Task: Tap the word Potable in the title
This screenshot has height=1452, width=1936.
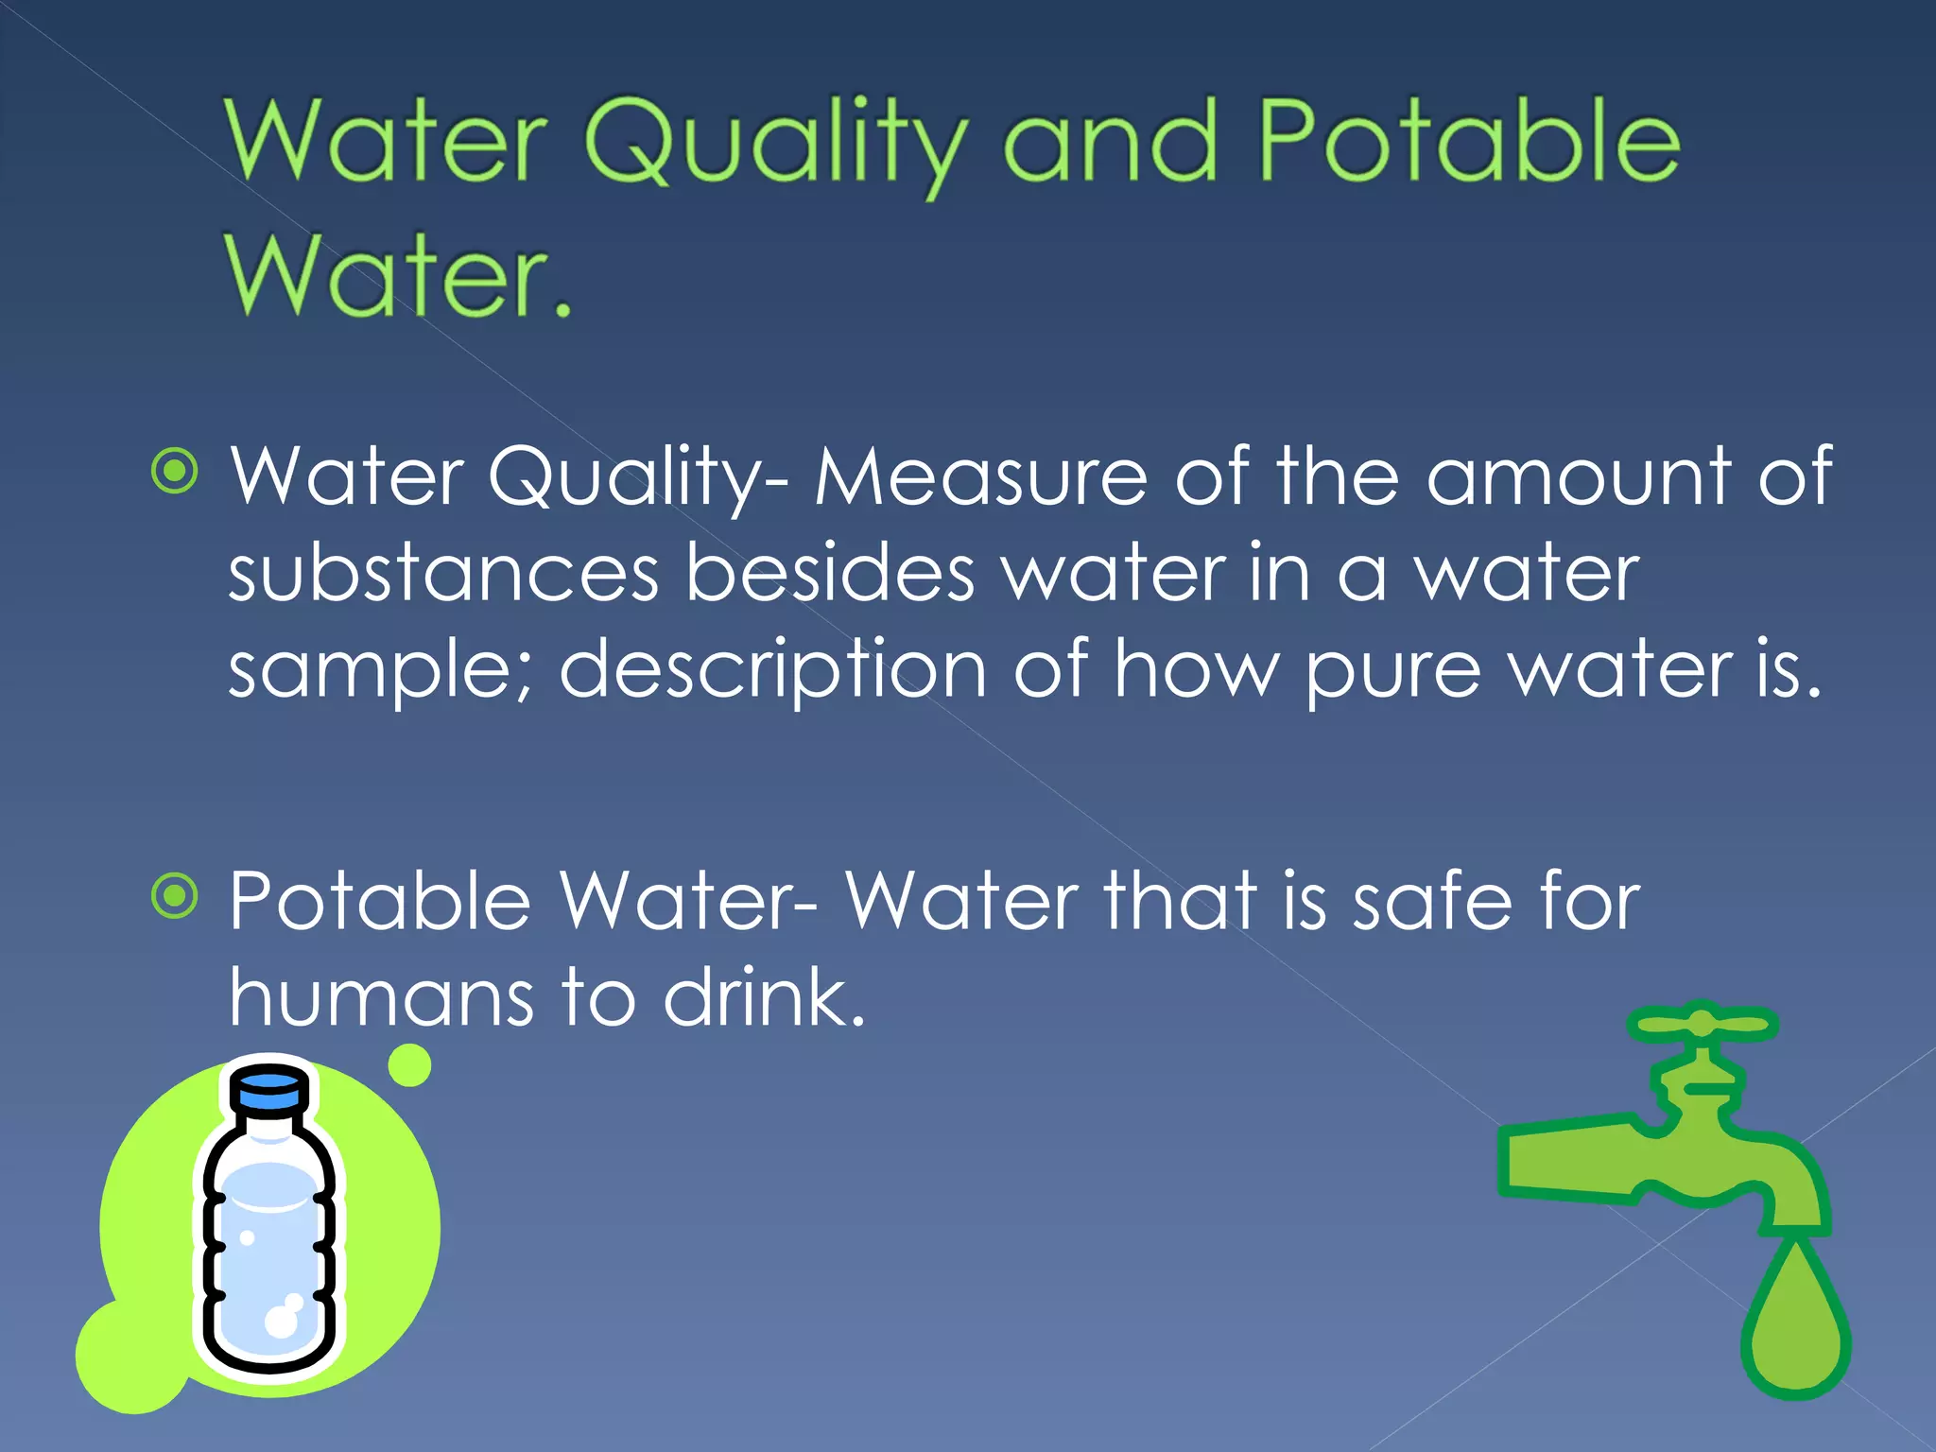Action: click(1470, 142)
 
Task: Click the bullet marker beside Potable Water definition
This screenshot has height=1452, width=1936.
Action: click(175, 896)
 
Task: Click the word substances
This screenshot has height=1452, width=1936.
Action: click(443, 573)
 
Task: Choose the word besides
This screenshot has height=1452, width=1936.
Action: click(829, 573)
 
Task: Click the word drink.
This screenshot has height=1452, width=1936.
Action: click(764, 998)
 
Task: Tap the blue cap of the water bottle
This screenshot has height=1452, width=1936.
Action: click(269, 1088)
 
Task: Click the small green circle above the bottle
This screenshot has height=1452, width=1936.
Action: click(409, 1065)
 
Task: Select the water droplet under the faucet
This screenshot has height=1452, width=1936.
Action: click(1794, 1323)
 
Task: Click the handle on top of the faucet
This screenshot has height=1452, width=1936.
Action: click(1702, 1025)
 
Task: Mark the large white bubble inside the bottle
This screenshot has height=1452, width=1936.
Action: click(281, 1320)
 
